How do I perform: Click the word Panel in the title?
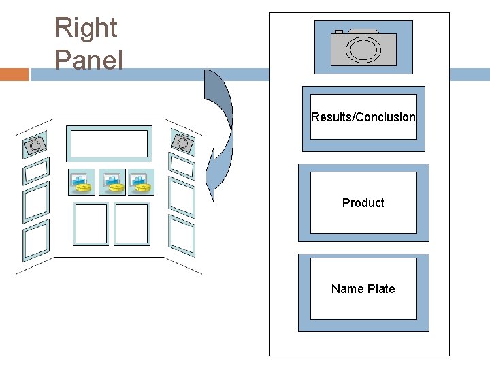click(x=88, y=61)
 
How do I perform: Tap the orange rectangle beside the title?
click(x=14, y=74)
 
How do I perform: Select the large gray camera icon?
click(x=363, y=47)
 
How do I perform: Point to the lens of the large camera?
click(x=363, y=49)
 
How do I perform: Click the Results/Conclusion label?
click(x=363, y=117)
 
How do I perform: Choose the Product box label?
click(x=363, y=203)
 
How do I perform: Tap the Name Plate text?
click(x=363, y=289)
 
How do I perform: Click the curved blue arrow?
click(x=220, y=136)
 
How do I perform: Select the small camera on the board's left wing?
click(x=35, y=144)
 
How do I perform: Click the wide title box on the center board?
click(x=108, y=144)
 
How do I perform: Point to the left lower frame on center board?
click(x=91, y=224)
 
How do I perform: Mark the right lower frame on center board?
click(x=131, y=224)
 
